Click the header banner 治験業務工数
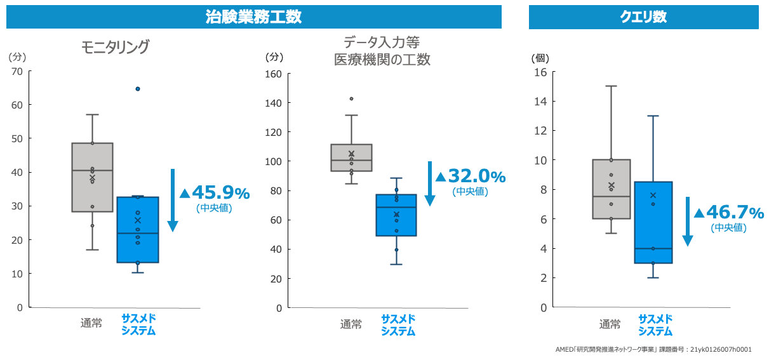254,17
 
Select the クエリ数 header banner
643,17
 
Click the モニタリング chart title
115,48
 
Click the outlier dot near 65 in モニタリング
138,89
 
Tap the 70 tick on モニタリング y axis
17,71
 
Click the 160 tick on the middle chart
272,74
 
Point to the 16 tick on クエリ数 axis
540,72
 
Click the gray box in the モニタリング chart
92,177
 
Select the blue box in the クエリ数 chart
653,222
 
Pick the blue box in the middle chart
396,215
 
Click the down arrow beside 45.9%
173,200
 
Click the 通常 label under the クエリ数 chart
610,324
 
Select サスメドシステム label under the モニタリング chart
138,324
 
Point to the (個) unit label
540,58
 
